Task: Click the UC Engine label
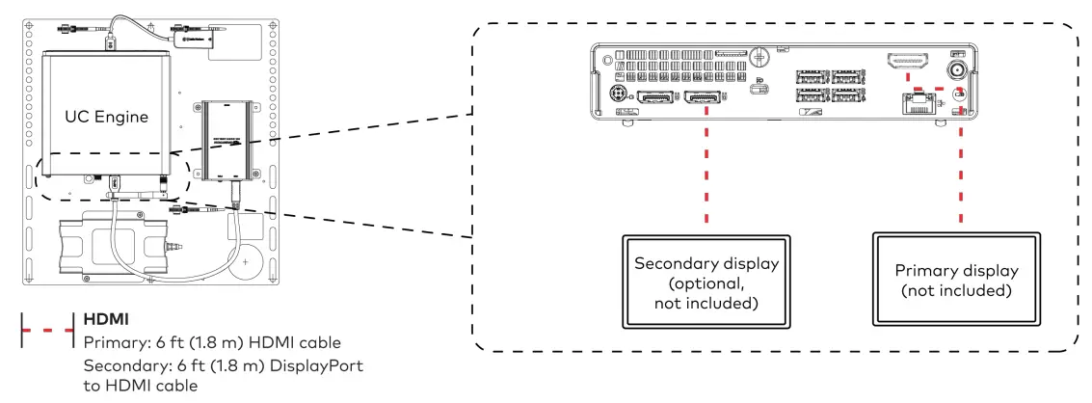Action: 106,117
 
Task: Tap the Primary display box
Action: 957,280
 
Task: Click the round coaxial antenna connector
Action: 960,70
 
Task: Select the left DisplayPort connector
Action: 653,98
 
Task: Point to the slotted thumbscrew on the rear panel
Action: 760,56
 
